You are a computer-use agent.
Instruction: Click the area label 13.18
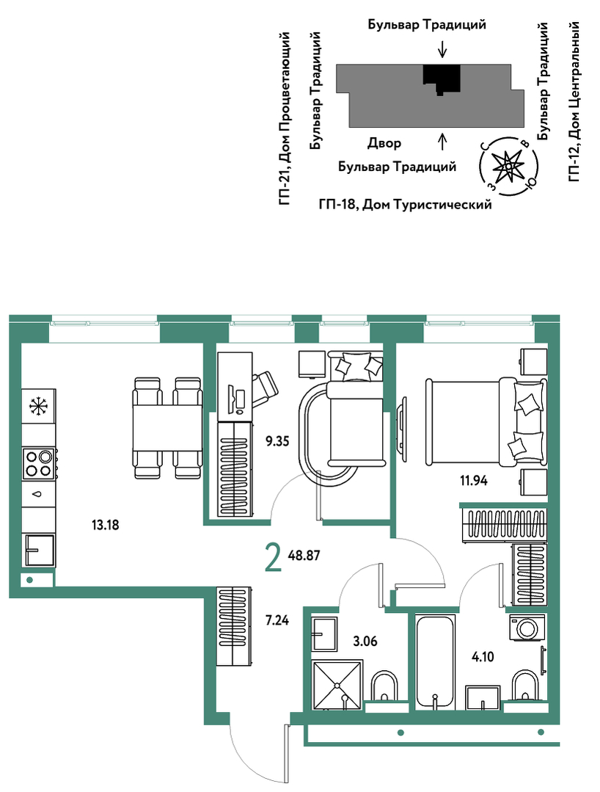(x=106, y=525)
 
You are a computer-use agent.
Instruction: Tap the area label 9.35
(x=277, y=441)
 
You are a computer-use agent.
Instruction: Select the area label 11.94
(x=473, y=480)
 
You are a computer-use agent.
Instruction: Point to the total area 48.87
(x=304, y=556)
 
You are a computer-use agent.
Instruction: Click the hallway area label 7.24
(x=277, y=620)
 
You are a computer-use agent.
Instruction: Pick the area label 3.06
(x=365, y=641)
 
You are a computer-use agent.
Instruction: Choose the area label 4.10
(x=483, y=657)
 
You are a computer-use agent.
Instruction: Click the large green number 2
(x=273, y=559)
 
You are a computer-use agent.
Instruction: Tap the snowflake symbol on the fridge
(x=38, y=406)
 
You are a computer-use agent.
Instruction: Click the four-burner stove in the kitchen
(x=38, y=463)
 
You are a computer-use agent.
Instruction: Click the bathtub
(x=436, y=661)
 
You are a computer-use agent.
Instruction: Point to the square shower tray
(x=337, y=684)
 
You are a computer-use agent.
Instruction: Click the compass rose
(x=508, y=165)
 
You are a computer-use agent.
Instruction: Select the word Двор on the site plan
(x=384, y=144)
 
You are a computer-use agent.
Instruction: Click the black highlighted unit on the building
(x=441, y=79)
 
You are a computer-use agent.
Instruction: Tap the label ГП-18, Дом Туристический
(x=405, y=205)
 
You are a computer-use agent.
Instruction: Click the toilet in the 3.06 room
(x=384, y=688)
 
